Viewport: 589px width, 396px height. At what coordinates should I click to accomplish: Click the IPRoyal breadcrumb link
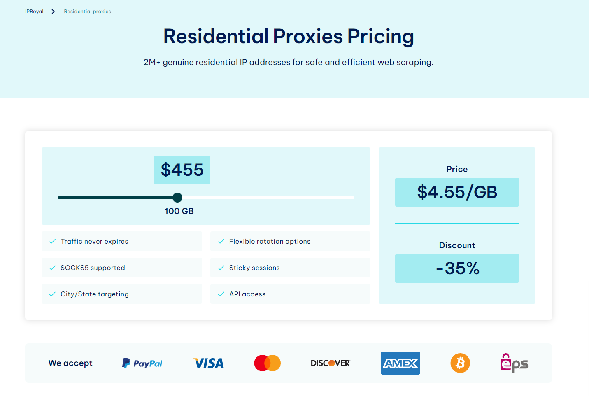[x=34, y=12]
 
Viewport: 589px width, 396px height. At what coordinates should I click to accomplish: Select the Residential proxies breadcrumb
[x=87, y=12]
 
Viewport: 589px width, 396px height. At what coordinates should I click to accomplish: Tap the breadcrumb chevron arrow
[x=53, y=12]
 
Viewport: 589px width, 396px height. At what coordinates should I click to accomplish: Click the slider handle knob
[x=177, y=198]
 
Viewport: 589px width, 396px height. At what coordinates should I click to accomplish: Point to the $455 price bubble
[x=182, y=170]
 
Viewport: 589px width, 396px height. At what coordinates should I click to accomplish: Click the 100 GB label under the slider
[x=179, y=211]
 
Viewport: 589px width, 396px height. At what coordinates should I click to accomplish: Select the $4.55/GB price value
[x=457, y=192]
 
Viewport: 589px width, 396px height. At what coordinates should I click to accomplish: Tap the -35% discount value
[x=457, y=268]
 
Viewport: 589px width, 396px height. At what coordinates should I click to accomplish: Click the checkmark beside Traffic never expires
[x=52, y=242]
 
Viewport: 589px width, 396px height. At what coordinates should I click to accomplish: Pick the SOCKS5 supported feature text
[x=93, y=268]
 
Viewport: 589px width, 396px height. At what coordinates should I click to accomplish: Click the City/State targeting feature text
[x=95, y=294]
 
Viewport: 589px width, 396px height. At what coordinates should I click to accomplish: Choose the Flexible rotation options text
[x=270, y=241]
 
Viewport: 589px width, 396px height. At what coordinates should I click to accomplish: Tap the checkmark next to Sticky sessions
[x=221, y=268]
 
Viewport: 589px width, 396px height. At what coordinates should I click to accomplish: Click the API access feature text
[x=247, y=294]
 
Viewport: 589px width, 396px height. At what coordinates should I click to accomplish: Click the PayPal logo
[x=142, y=363]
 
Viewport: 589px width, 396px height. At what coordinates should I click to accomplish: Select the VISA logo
[x=209, y=363]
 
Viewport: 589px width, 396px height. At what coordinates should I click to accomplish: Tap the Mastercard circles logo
[x=268, y=363]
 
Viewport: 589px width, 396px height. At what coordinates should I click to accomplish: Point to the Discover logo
[x=331, y=363]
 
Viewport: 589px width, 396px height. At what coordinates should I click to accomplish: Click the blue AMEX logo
[x=400, y=363]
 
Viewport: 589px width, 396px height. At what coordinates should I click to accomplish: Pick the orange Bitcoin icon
[x=460, y=363]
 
